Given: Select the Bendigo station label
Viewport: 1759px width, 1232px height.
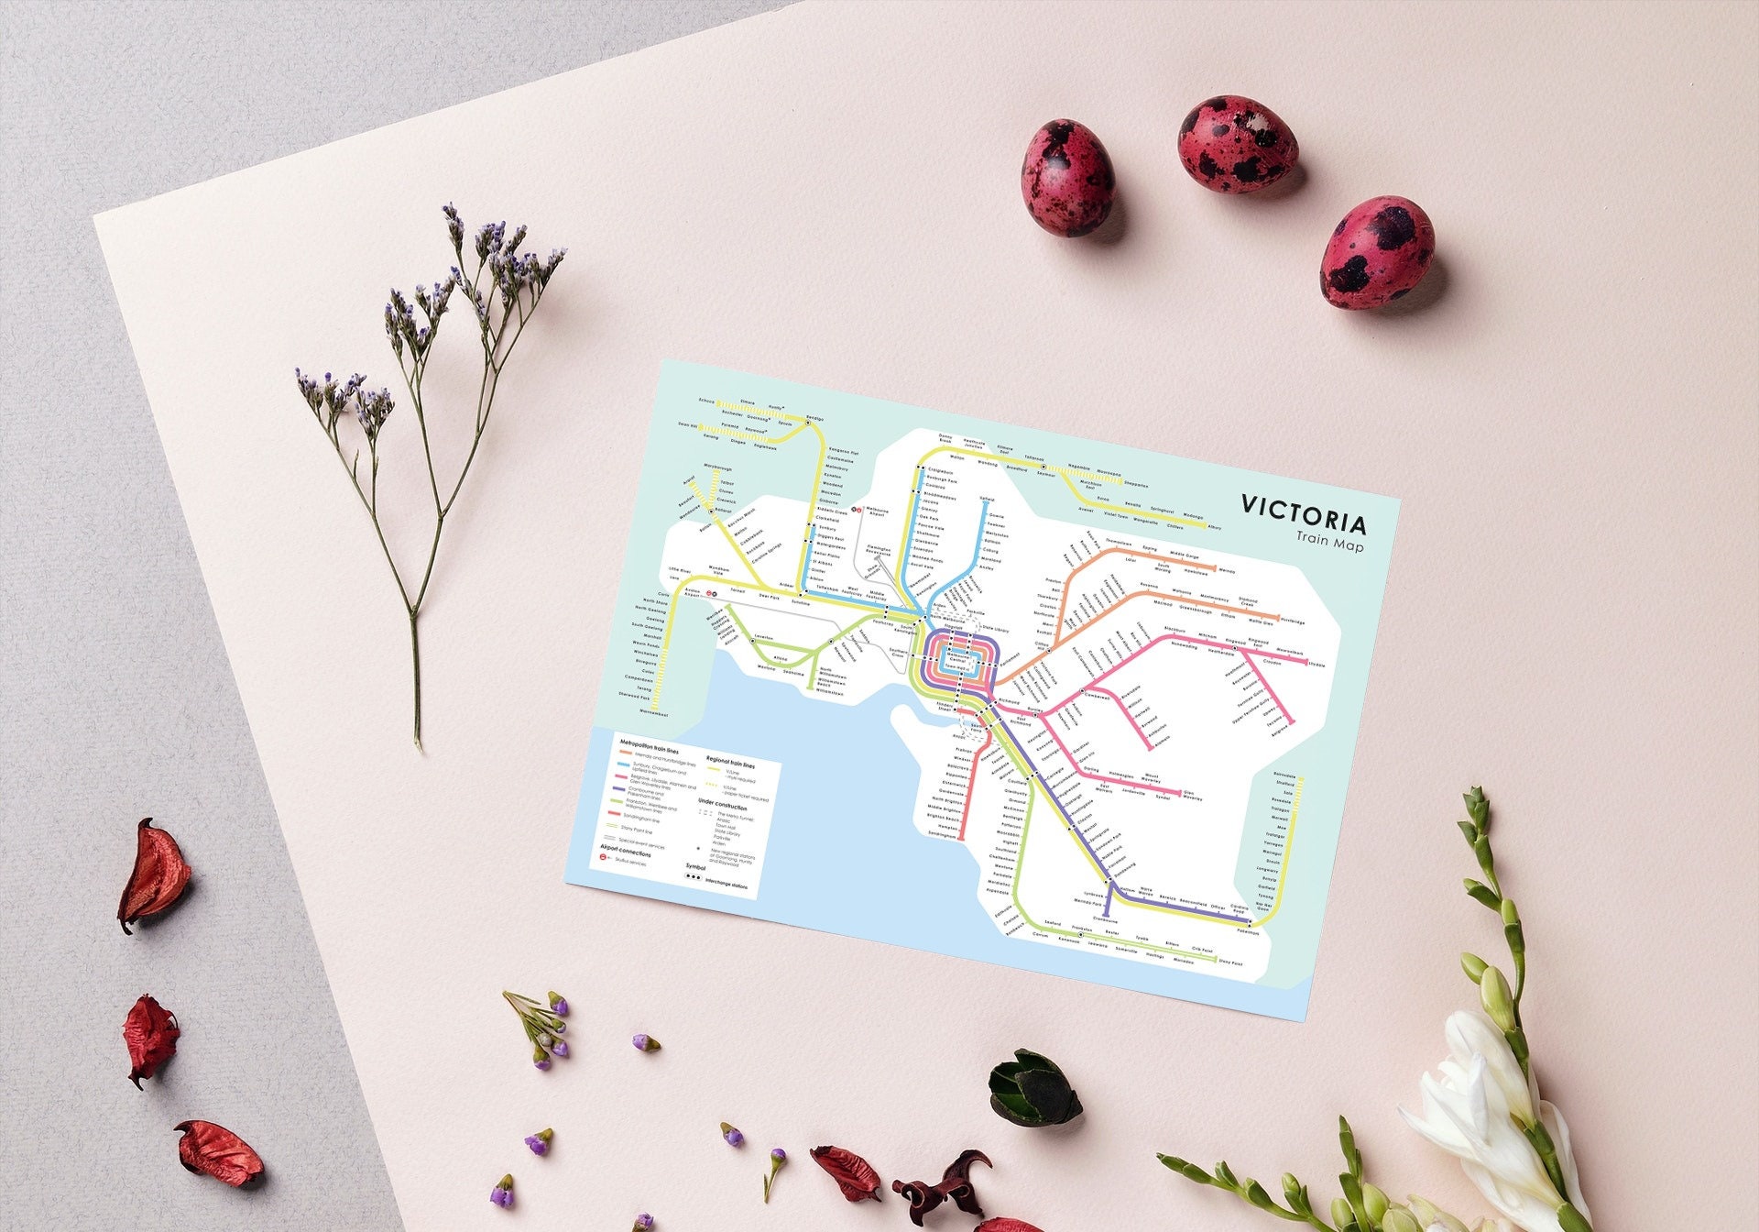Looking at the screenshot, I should (814, 419).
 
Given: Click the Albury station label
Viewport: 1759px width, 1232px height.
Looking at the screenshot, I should (1215, 528).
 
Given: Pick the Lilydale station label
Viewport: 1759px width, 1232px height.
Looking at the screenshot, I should (1317, 664).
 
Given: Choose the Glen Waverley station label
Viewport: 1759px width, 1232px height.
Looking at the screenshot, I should (1192, 796).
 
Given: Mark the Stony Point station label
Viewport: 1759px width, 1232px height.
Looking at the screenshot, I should (1230, 963).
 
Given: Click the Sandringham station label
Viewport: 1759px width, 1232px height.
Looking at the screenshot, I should (941, 835).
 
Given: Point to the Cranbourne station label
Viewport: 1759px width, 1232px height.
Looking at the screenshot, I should (1105, 919).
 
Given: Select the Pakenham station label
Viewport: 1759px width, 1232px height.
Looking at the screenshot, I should (1247, 932).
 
